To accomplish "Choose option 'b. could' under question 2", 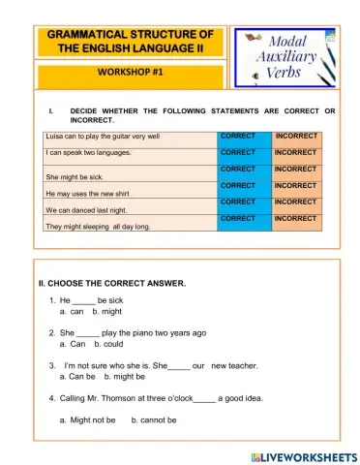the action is [108, 343].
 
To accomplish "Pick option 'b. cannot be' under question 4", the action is [154, 419].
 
